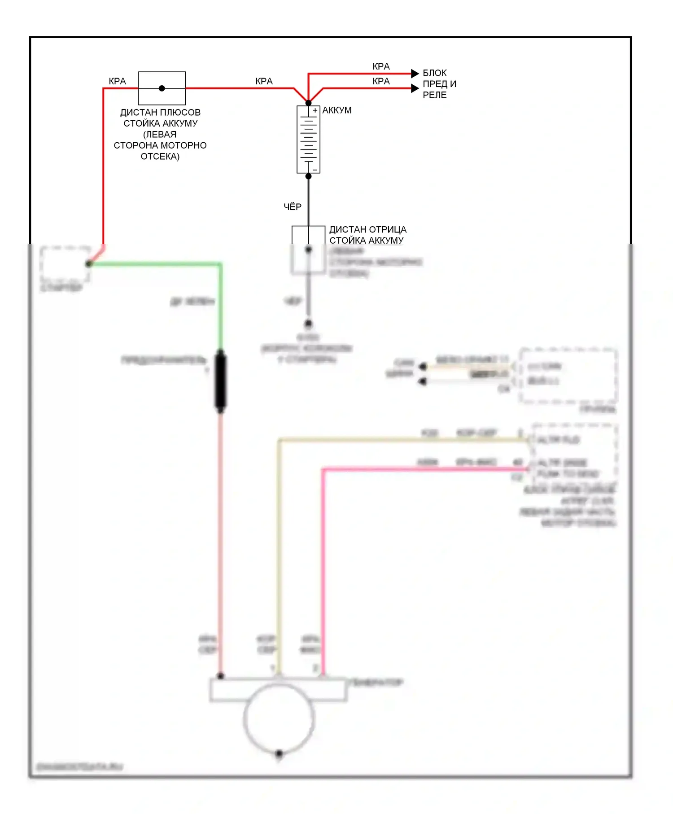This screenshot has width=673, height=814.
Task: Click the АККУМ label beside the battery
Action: tap(337, 110)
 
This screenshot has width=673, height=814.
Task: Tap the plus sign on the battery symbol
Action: tap(315, 110)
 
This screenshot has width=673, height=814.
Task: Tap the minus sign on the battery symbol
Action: tap(315, 170)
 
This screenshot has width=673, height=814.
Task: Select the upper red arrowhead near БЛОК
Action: tap(415, 73)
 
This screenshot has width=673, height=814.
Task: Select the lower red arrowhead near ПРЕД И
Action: tap(415, 88)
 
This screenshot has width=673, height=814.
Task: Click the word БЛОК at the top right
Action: tap(434, 73)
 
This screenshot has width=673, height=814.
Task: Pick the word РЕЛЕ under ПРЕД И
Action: tap(434, 95)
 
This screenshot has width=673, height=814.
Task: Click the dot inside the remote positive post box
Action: tap(162, 88)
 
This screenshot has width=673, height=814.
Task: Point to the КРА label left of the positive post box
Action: tap(117, 81)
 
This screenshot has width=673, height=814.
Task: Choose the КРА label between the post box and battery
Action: tap(264, 81)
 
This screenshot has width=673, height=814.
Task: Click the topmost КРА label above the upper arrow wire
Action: tap(381, 66)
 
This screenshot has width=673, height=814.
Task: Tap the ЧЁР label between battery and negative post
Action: tap(293, 207)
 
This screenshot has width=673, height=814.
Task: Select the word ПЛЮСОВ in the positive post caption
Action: tap(180, 113)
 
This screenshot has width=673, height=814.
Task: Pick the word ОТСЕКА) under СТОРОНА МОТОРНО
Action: tap(160, 157)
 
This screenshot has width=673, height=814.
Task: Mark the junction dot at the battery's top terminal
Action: tap(308, 103)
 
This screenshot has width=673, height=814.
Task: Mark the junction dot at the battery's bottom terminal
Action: tap(308, 176)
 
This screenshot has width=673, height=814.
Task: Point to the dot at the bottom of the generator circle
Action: tap(279, 753)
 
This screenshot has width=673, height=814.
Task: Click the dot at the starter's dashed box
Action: tap(89, 264)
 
